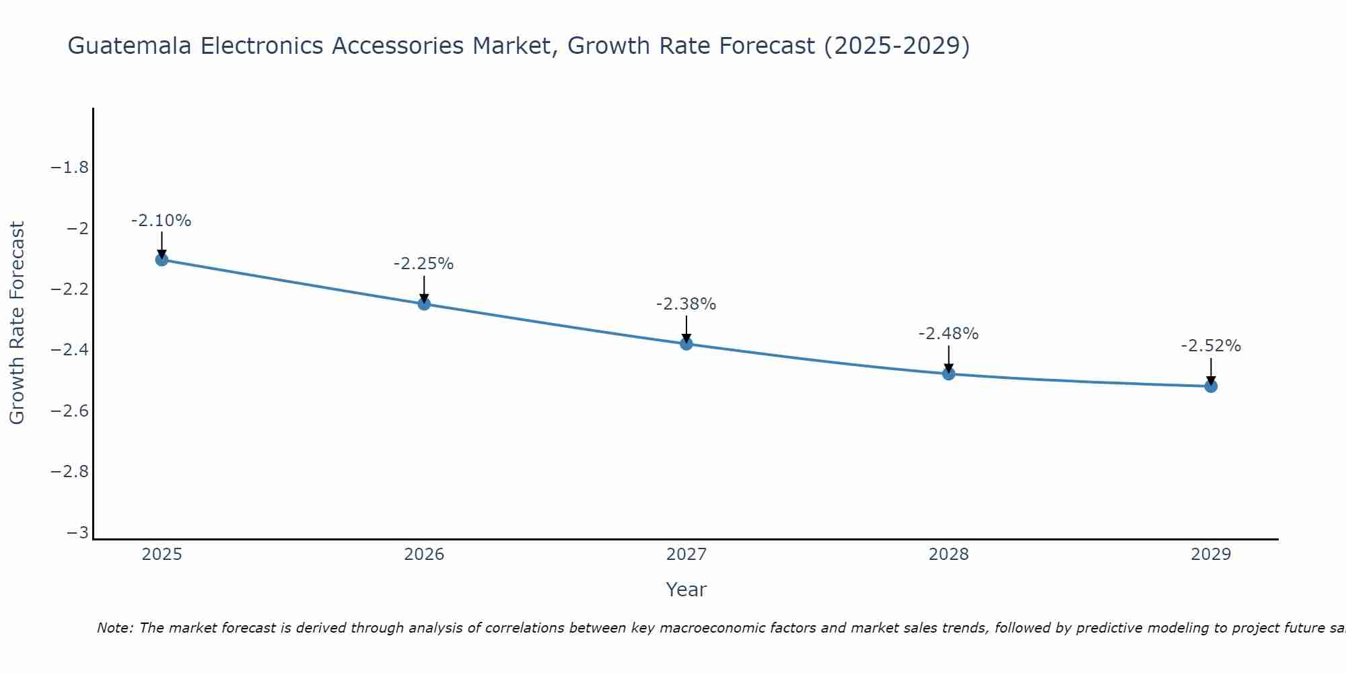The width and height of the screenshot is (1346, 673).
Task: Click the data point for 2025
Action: click(x=162, y=259)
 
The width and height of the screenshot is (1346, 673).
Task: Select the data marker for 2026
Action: click(x=424, y=304)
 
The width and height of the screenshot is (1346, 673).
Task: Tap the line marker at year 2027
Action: click(x=686, y=344)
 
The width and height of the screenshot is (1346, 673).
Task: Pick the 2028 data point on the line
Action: click(x=949, y=374)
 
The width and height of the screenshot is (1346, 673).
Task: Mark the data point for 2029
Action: click(x=1211, y=386)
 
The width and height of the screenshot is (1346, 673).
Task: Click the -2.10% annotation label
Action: click(x=162, y=221)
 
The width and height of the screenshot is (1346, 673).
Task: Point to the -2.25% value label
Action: click(x=424, y=264)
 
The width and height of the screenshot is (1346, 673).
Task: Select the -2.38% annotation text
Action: click(x=686, y=304)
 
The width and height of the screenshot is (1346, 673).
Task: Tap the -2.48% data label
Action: click(x=949, y=334)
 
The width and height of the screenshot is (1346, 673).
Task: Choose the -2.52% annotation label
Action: click(x=1211, y=346)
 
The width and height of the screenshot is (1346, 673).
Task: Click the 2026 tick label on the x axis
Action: click(x=424, y=555)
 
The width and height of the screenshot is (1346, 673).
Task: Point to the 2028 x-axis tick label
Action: click(x=949, y=555)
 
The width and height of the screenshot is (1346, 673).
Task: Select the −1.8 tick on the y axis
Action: click(x=70, y=168)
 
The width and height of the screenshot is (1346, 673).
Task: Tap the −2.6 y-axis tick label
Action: click(x=70, y=411)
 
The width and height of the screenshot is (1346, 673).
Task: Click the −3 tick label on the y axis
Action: click(x=78, y=533)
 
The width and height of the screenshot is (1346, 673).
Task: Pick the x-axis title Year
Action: click(x=686, y=590)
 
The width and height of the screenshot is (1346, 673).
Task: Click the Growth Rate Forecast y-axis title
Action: click(x=17, y=323)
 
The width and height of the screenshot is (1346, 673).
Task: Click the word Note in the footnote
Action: click(x=114, y=628)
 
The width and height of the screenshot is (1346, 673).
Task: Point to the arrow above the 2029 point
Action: click(x=1211, y=370)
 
